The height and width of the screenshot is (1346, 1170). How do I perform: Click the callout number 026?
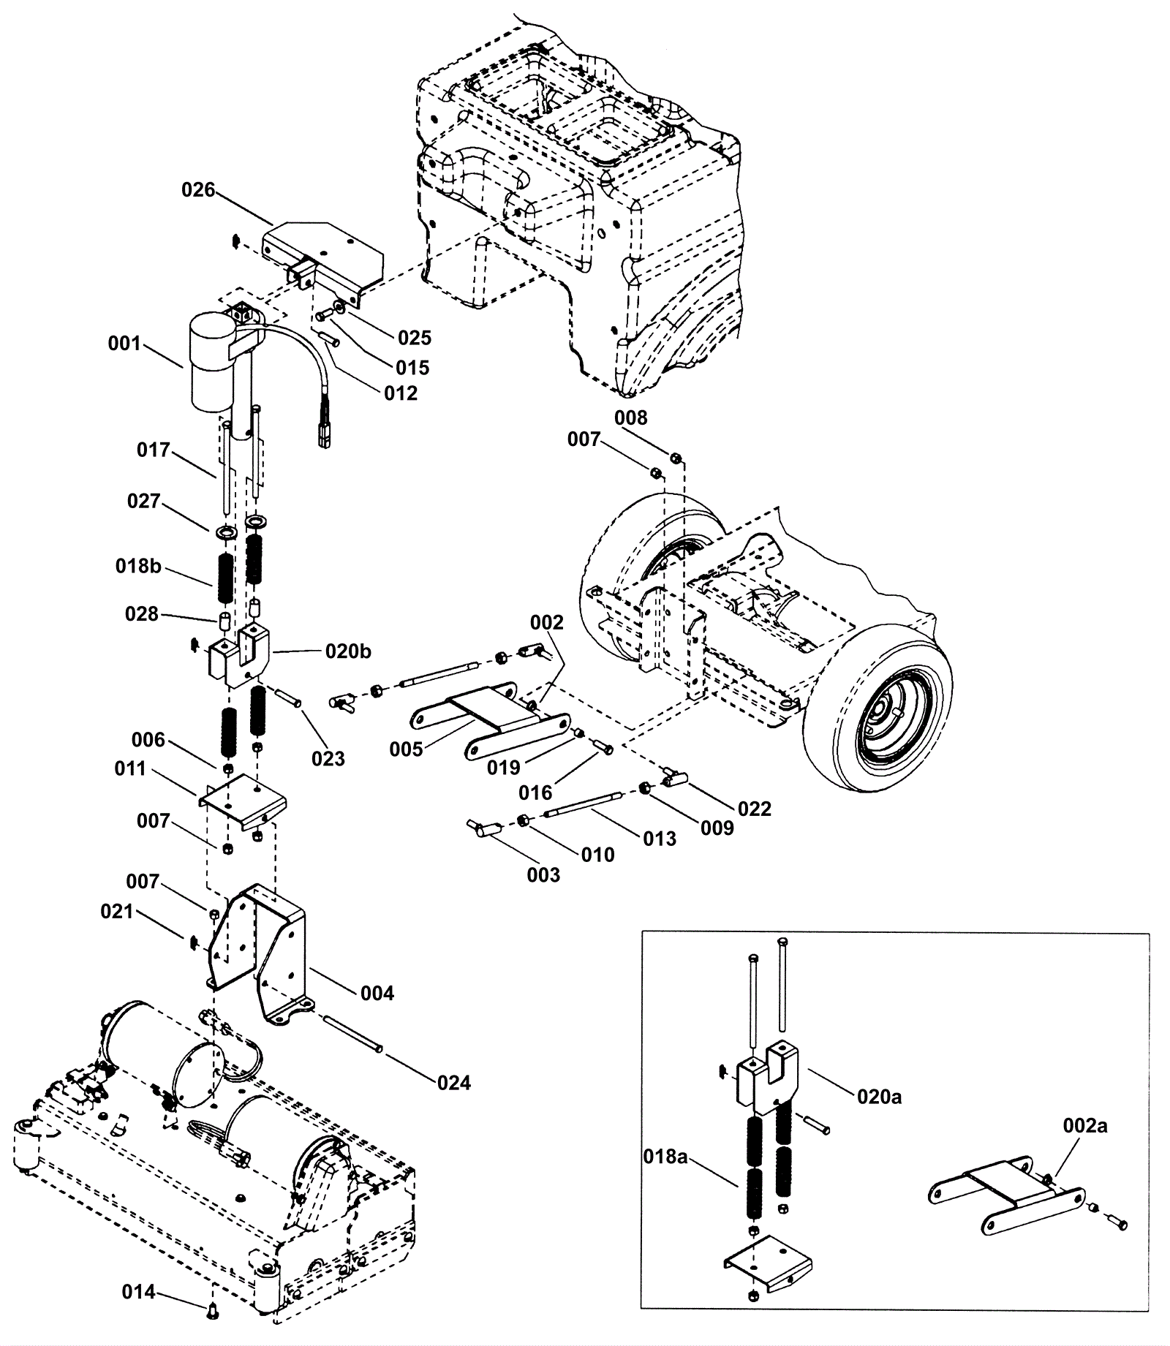pyautogui.click(x=198, y=190)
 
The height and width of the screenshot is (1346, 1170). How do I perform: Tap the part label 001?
pyautogui.click(x=124, y=343)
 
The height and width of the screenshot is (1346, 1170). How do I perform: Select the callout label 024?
pyautogui.click(x=453, y=1083)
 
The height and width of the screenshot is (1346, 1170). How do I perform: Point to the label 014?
pyautogui.click(x=139, y=1292)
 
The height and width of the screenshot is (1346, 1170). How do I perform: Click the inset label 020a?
pyautogui.click(x=880, y=1097)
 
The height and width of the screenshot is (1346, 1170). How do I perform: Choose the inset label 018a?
pyautogui.click(x=665, y=1157)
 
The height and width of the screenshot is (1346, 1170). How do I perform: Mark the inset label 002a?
pyautogui.click(x=1085, y=1126)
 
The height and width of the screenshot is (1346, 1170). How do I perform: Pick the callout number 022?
pyautogui.click(x=754, y=809)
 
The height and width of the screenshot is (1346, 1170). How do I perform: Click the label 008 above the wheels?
pyautogui.click(x=630, y=417)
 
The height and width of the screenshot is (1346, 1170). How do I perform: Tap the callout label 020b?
pyautogui.click(x=348, y=651)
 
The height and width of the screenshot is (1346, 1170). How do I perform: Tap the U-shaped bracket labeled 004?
pyautogui.click(x=260, y=950)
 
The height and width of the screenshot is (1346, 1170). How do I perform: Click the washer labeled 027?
pyautogui.click(x=227, y=531)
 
